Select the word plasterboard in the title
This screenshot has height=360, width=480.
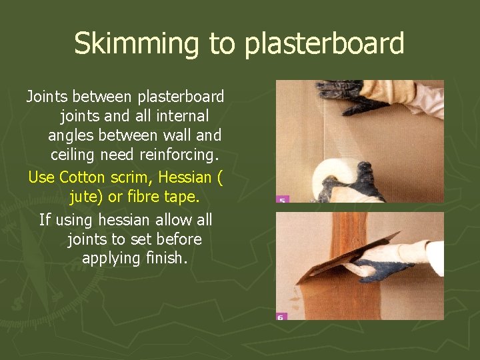click(325, 44)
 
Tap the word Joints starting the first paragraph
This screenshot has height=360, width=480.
click(49, 97)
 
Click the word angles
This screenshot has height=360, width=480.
click(71, 136)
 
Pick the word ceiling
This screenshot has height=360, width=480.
click(76, 155)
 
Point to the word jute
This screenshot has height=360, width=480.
click(88, 198)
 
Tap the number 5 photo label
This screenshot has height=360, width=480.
click(282, 199)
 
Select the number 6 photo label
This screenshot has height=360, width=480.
click(281, 316)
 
